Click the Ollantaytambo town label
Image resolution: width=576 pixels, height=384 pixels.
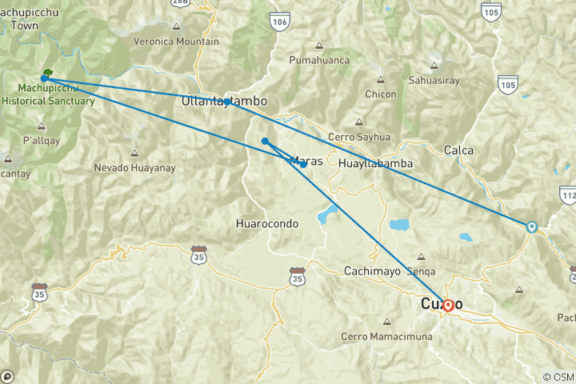[x=224, y=102]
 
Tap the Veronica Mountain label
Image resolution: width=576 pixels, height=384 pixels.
[x=176, y=42]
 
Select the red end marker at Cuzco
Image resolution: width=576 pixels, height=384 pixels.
[x=449, y=305]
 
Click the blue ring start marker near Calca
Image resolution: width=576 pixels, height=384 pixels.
[x=531, y=226]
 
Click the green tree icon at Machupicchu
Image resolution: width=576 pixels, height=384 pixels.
[x=48, y=73]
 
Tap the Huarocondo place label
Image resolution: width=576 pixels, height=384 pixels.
[x=268, y=223]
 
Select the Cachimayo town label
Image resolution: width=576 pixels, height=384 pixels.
[x=374, y=270]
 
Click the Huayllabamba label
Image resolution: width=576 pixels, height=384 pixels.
[x=375, y=163]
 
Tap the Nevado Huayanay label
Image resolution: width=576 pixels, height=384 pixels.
[x=134, y=168]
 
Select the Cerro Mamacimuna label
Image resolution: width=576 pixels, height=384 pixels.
[x=387, y=336]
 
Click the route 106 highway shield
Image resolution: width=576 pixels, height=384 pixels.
[x=279, y=22]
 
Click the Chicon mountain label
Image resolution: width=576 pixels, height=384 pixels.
[x=380, y=94]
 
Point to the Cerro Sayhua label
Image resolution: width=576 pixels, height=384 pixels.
[x=358, y=137]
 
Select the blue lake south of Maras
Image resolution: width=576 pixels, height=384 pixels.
[x=326, y=214]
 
